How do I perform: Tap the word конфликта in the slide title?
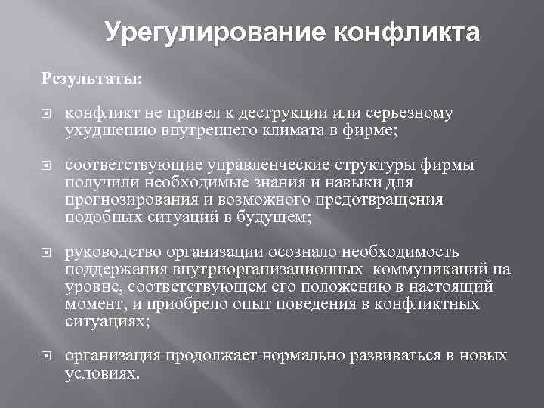(x=406, y=33)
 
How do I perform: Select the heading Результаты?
(x=84, y=78)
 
